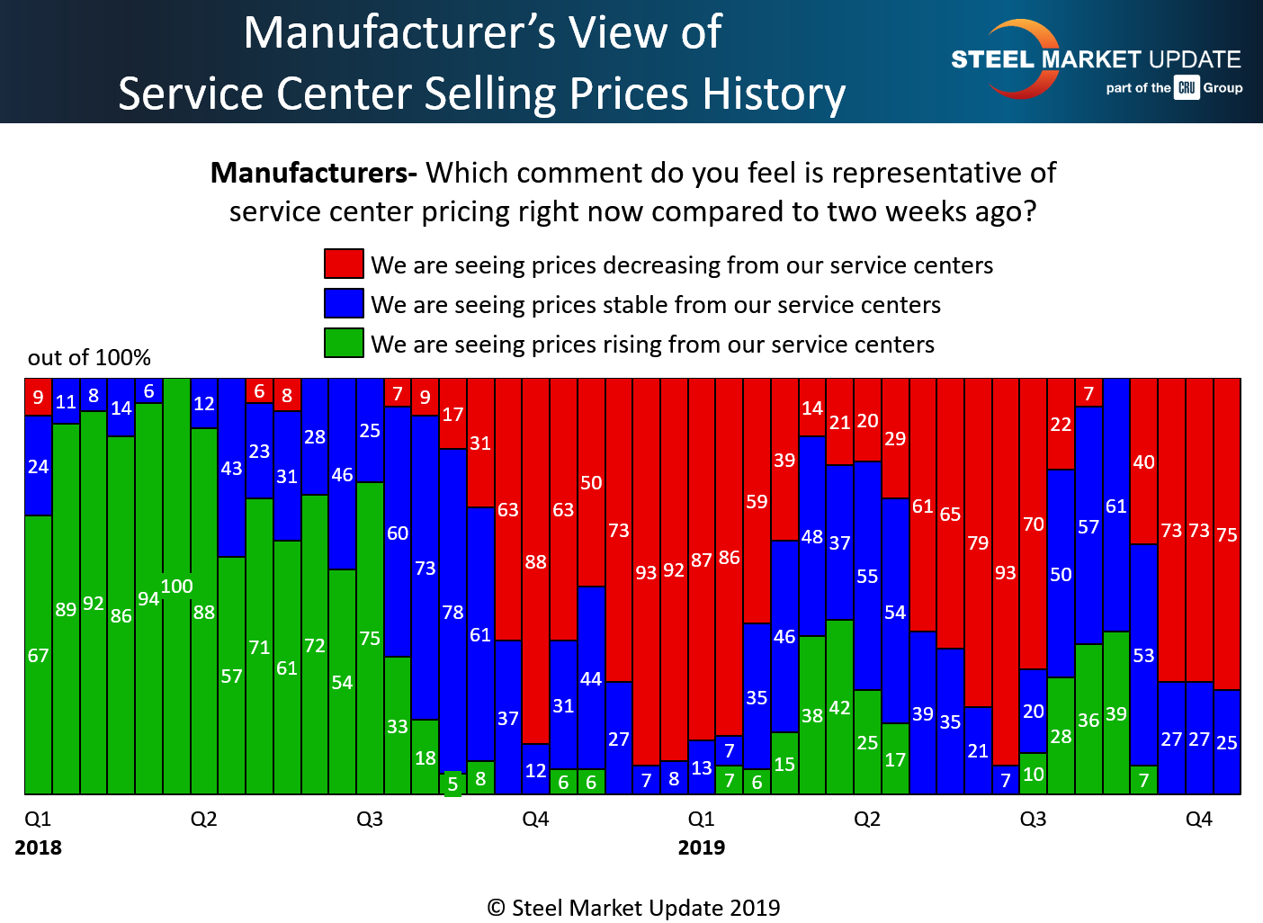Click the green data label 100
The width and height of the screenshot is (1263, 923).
(177, 587)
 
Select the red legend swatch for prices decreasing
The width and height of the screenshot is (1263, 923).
(344, 264)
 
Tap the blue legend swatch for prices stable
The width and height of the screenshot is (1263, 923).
(344, 303)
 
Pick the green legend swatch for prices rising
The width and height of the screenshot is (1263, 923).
(344, 343)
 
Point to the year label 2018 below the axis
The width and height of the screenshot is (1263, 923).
(38, 847)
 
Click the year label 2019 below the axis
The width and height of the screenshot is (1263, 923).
(702, 847)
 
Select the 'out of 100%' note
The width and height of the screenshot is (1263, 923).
(89, 358)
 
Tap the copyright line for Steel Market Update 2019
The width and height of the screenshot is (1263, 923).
(633, 908)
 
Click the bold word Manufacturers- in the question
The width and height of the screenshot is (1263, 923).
(313, 173)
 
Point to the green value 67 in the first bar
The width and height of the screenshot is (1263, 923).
(38, 656)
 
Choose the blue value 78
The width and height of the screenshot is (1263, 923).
(452, 613)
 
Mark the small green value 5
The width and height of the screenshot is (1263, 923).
(452, 784)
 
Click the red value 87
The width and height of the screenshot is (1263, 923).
(702, 561)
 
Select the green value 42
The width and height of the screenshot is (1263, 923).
(839, 708)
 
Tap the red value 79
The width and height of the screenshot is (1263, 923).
(978, 543)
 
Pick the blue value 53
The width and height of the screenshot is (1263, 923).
(1143, 656)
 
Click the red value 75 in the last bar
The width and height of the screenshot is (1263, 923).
(1227, 535)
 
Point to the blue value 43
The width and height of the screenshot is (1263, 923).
(231, 469)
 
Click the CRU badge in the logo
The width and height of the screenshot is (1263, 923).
(1187, 87)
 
